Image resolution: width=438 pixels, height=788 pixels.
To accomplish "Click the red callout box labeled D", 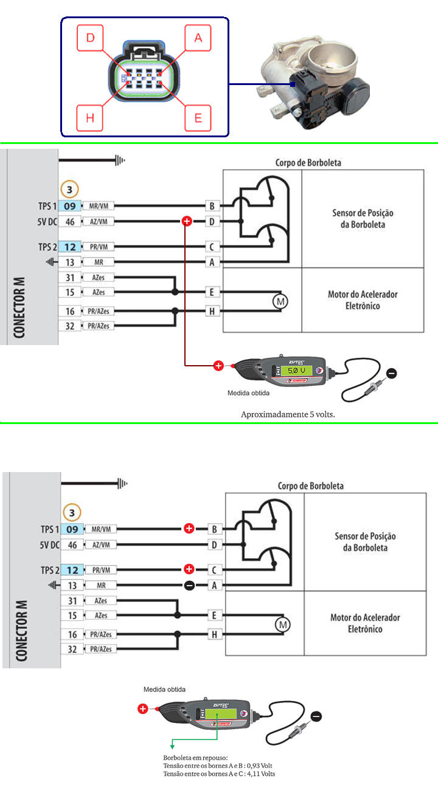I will [x=91, y=38].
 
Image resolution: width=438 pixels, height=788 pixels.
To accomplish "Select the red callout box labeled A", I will [x=198, y=38].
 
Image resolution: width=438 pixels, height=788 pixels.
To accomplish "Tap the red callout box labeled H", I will [x=91, y=118].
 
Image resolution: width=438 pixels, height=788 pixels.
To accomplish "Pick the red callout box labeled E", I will [x=198, y=118].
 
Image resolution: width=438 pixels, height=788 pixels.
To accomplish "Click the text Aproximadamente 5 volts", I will [x=288, y=414].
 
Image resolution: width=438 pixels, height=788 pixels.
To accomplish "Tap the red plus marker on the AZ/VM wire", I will [x=187, y=222].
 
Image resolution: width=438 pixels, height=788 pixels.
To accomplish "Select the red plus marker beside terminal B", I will [x=189, y=529].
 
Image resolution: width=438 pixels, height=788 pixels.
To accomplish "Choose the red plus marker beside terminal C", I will [x=189, y=569].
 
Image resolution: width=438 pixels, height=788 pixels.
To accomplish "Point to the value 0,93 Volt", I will [x=257, y=766].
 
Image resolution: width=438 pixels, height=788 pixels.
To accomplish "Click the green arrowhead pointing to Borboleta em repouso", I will [x=172, y=745].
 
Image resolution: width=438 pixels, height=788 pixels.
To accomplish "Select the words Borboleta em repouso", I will [x=195, y=758].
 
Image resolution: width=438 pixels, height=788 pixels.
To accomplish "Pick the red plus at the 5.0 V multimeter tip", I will [x=218, y=366].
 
